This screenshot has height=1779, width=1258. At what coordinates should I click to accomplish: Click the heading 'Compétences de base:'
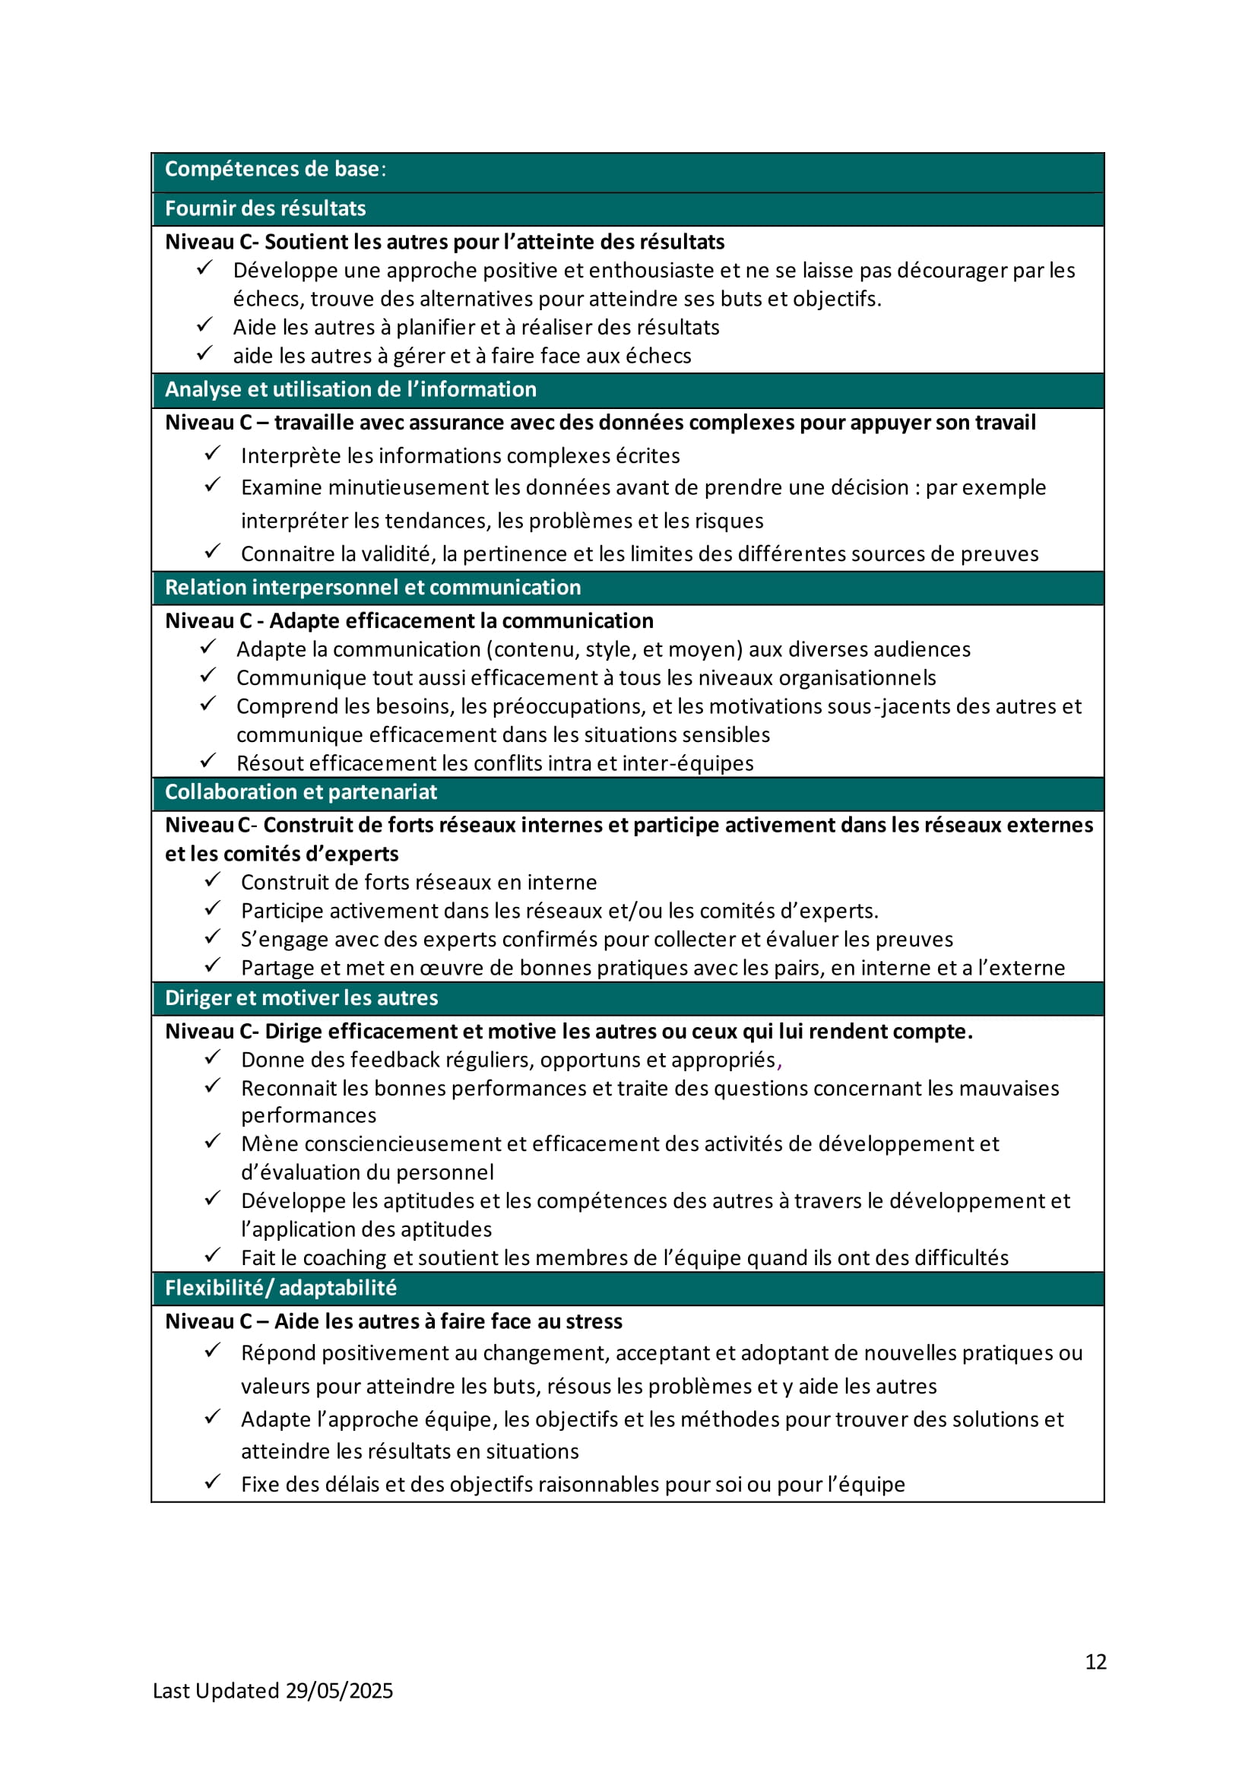pos(275,169)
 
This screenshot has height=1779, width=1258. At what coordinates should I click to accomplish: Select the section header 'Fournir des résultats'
pos(265,208)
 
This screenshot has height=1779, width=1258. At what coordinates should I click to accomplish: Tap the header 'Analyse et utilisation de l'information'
pos(350,389)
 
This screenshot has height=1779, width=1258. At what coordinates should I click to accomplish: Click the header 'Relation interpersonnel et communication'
pos(372,588)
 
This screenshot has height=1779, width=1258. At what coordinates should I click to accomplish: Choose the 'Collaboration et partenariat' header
pos(300,792)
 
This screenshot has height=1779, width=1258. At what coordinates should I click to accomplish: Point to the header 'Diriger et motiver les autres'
pos(301,998)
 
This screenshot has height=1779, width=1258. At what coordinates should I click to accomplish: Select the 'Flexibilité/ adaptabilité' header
pos(280,1288)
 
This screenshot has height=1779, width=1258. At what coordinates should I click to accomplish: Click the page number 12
pos(1095,1662)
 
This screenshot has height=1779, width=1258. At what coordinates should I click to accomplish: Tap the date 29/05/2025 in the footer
pos(338,1691)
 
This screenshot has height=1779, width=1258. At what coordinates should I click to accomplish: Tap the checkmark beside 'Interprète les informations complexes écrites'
pos(212,453)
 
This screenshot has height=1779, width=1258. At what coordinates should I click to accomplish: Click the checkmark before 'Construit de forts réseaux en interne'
pos(212,880)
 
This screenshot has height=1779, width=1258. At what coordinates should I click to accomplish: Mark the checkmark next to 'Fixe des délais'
pos(212,1482)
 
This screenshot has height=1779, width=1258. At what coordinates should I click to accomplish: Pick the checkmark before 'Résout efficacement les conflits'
pos(208,761)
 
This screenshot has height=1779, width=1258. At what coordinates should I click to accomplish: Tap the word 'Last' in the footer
pos(171,1691)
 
